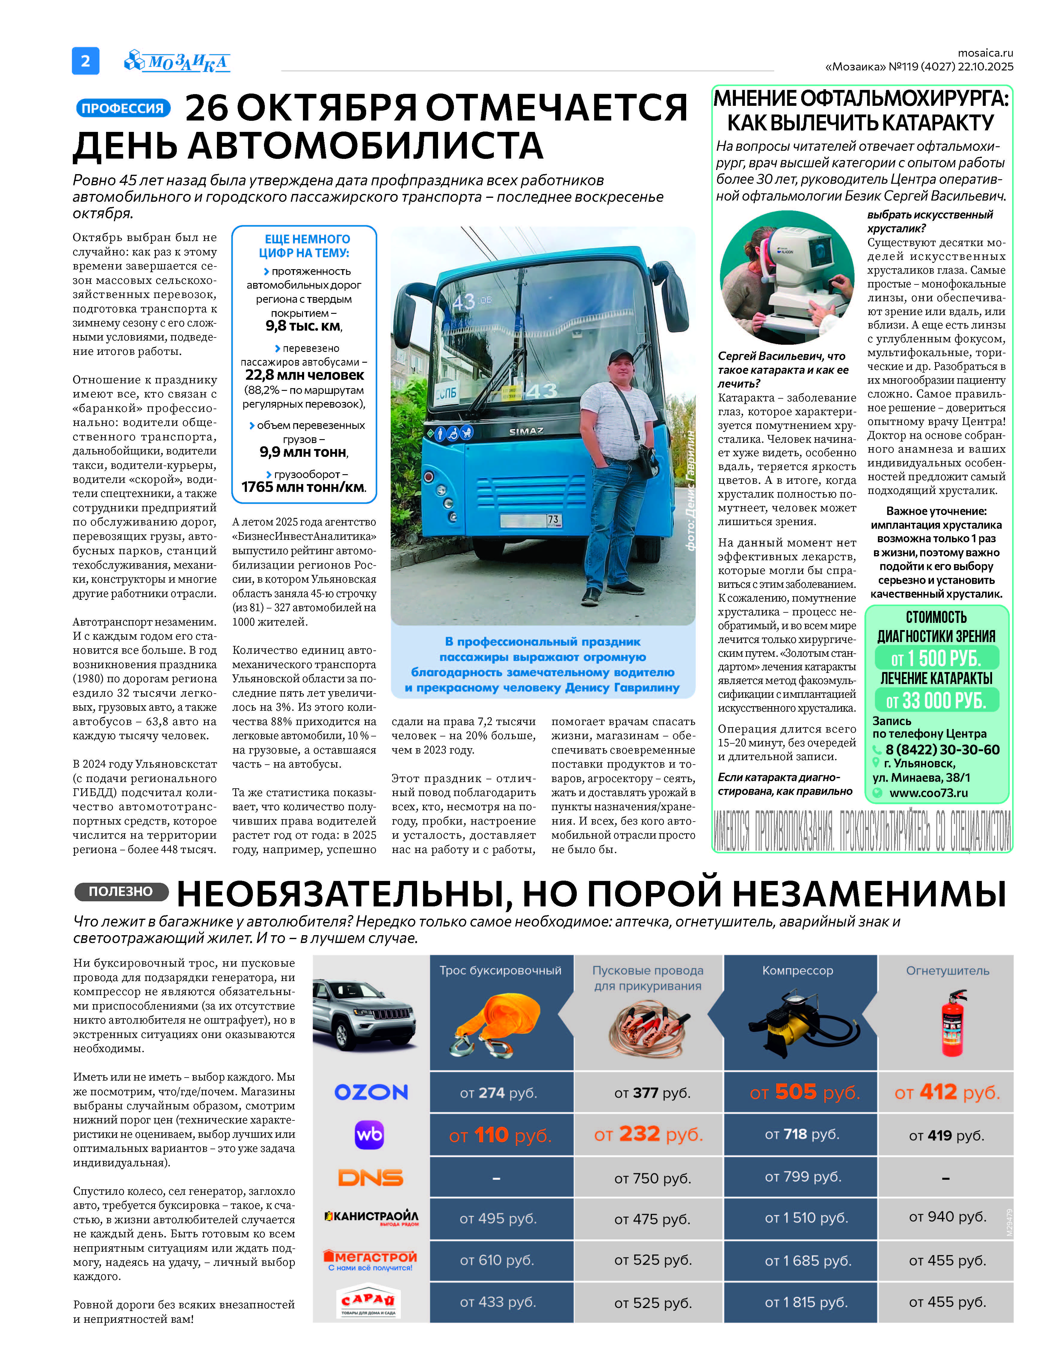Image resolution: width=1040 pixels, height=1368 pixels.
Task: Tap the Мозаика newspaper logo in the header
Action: click(x=178, y=61)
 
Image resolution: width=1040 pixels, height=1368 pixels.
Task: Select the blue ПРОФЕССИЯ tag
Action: click(x=123, y=109)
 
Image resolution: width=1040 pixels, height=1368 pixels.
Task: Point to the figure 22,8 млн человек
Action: click(x=305, y=375)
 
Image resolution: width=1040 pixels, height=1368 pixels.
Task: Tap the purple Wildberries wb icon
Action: click(x=369, y=1135)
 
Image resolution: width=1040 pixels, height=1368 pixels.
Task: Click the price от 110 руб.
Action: click(x=500, y=1135)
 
